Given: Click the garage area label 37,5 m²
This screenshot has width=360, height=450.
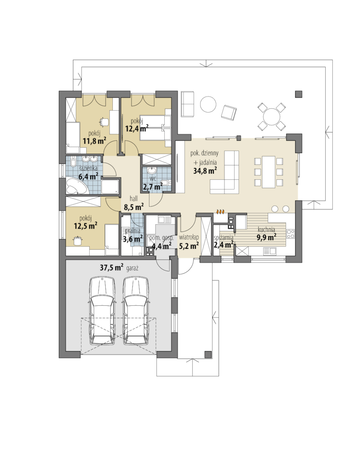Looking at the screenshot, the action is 112,268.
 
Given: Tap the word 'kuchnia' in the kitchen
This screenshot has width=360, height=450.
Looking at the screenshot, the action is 266,229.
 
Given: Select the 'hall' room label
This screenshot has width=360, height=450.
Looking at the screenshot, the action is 134,198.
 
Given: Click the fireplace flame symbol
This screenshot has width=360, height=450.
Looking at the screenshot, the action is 220,212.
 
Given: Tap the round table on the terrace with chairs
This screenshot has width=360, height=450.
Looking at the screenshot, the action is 272,116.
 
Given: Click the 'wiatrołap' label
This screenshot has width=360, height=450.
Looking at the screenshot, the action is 189,237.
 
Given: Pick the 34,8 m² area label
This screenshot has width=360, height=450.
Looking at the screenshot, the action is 205,171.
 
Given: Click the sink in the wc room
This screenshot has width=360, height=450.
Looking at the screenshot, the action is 151,171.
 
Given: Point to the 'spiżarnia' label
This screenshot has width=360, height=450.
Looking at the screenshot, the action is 223,237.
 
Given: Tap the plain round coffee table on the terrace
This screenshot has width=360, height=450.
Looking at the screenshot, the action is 208,105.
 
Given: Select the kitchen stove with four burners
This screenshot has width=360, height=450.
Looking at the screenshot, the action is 291,234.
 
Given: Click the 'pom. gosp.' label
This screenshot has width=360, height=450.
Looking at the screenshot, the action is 161,238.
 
